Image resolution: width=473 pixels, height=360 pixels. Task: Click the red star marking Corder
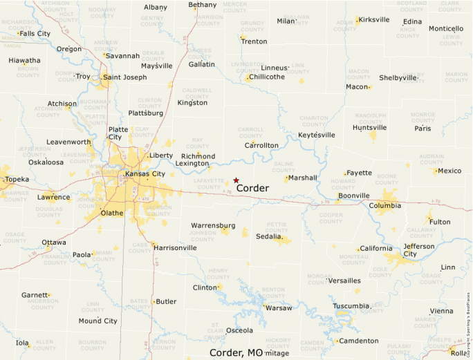[x=236, y=180]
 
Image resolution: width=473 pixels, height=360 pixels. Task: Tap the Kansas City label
[x=145, y=173]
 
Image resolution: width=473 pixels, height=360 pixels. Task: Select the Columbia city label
[x=384, y=205]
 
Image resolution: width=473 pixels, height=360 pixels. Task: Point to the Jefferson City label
[x=419, y=250]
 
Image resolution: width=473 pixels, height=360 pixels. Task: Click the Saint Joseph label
[x=124, y=77]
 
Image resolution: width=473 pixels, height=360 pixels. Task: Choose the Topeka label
[x=17, y=180]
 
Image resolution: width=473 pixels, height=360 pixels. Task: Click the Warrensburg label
[x=213, y=225]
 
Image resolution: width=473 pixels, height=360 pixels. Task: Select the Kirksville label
[x=374, y=19]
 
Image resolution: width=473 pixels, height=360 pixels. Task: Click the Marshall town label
[x=302, y=178]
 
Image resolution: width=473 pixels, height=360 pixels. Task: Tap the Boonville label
[x=353, y=196]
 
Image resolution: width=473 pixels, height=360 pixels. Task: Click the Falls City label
[x=35, y=33]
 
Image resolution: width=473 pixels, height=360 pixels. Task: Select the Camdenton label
[x=358, y=341]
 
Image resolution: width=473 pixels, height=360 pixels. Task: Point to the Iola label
[x=22, y=343]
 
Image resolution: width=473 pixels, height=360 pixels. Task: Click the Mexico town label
[x=449, y=171]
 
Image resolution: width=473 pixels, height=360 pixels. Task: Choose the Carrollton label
[x=261, y=146]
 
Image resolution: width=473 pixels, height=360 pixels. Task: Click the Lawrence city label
[x=53, y=197]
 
